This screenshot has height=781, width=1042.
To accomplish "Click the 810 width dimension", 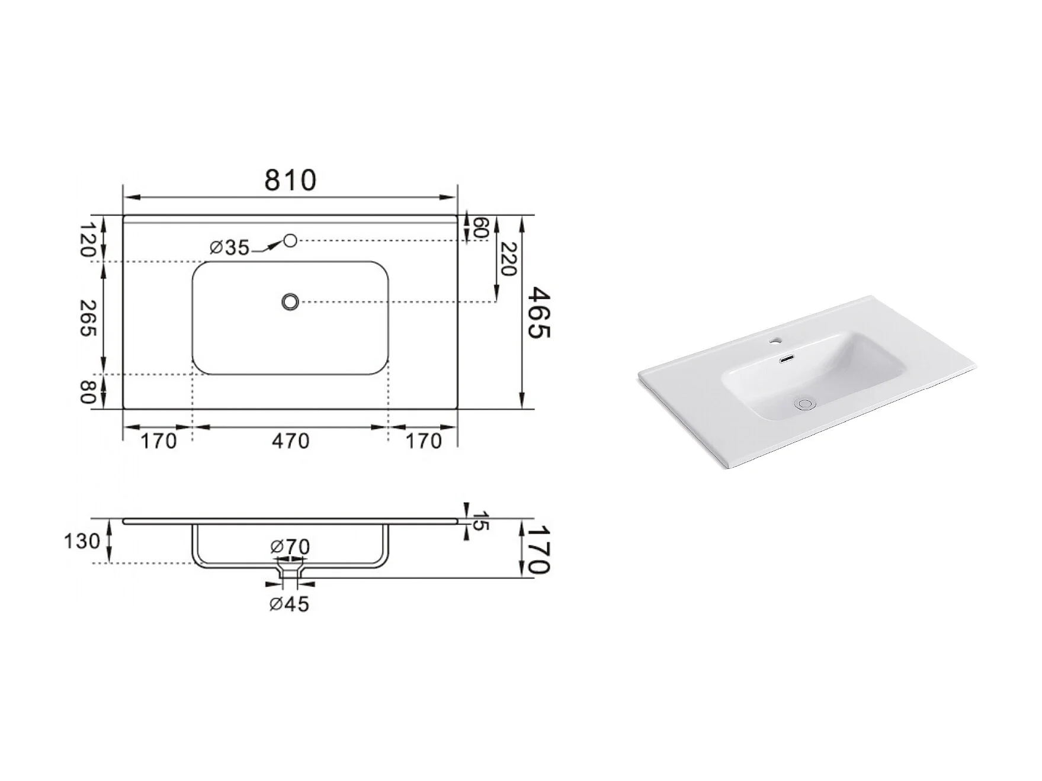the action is [290, 180].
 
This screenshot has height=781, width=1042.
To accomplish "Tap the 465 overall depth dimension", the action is [539, 313].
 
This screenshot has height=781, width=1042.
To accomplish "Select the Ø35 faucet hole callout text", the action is [230, 248].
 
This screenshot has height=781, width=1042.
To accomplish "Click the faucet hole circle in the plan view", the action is [290, 240].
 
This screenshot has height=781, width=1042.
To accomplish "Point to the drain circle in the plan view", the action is [290, 302].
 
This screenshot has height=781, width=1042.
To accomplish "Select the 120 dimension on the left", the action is [88, 239].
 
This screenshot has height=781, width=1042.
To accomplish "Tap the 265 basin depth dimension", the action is [88, 319].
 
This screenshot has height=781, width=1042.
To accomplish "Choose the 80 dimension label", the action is [88, 392].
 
